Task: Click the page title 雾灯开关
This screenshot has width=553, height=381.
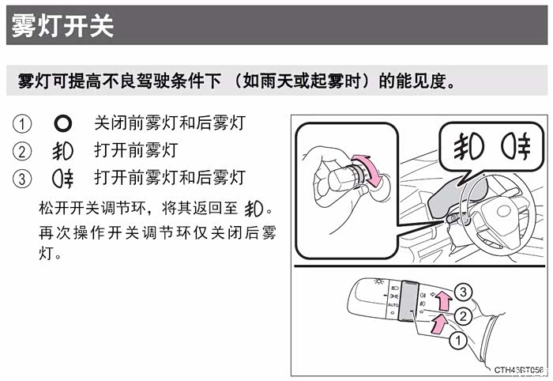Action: (62, 25)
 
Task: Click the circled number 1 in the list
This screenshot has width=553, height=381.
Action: (22, 124)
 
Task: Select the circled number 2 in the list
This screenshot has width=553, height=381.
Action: (22, 151)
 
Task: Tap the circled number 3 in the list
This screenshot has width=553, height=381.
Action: (22, 179)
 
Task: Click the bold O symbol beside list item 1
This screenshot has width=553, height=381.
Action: (62, 124)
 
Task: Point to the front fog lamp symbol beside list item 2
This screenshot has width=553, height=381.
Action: (62, 151)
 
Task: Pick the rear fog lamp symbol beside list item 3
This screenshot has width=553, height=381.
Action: (62, 179)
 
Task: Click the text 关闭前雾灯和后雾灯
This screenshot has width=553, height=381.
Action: (170, 123)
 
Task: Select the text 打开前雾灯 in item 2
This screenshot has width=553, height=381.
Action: (136, 150)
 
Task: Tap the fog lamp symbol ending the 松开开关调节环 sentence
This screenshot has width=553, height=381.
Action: (254, 209)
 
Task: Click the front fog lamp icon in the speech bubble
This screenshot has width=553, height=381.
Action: (468, 146)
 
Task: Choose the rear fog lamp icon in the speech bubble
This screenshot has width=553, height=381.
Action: (516, 146)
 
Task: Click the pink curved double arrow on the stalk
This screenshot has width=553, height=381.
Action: (370, 170)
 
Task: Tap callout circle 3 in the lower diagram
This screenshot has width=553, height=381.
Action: (463, 292)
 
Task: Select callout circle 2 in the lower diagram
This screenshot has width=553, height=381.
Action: (463, 315)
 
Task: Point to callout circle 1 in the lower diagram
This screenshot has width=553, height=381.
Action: (458, 341)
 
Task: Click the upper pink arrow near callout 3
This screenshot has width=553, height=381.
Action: (444, 300)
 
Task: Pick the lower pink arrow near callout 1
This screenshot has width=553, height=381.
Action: (438, 324)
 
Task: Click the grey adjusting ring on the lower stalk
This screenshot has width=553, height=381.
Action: (408, 300)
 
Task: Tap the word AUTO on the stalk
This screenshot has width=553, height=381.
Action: (393, 305)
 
